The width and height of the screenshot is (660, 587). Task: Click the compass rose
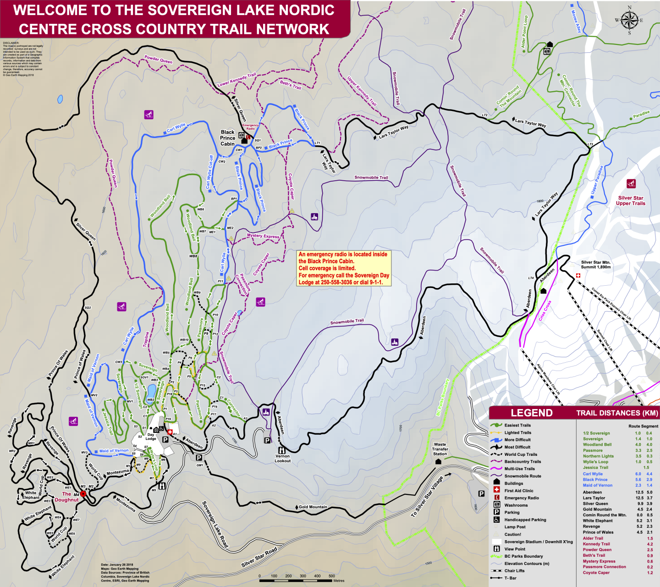point(629,20)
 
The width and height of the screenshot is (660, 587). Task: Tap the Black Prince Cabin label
point(227,138)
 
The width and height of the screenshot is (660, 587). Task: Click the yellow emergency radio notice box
point(344,268)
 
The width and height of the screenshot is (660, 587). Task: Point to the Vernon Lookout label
point(282,458)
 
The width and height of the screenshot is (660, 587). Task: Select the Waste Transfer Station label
point(440,449)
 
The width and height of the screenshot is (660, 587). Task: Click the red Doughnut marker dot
point(83,494)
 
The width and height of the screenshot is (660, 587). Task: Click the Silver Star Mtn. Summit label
point(595,265)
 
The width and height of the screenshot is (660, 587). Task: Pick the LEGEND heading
point(531,413)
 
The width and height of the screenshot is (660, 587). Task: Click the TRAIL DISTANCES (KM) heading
point(617,413)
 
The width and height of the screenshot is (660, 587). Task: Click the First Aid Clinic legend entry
point(518,491)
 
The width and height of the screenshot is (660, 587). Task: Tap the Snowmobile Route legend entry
point(522,476)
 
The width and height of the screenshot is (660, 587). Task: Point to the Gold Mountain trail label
point(313,507)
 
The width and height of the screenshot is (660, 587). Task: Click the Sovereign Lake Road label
point(215,524)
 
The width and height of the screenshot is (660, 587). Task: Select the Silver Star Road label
point(259,557)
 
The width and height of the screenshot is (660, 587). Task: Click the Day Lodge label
point(151,437)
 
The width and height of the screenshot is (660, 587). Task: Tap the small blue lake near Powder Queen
point(60,99)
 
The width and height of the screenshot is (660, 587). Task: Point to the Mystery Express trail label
point(263,236)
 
